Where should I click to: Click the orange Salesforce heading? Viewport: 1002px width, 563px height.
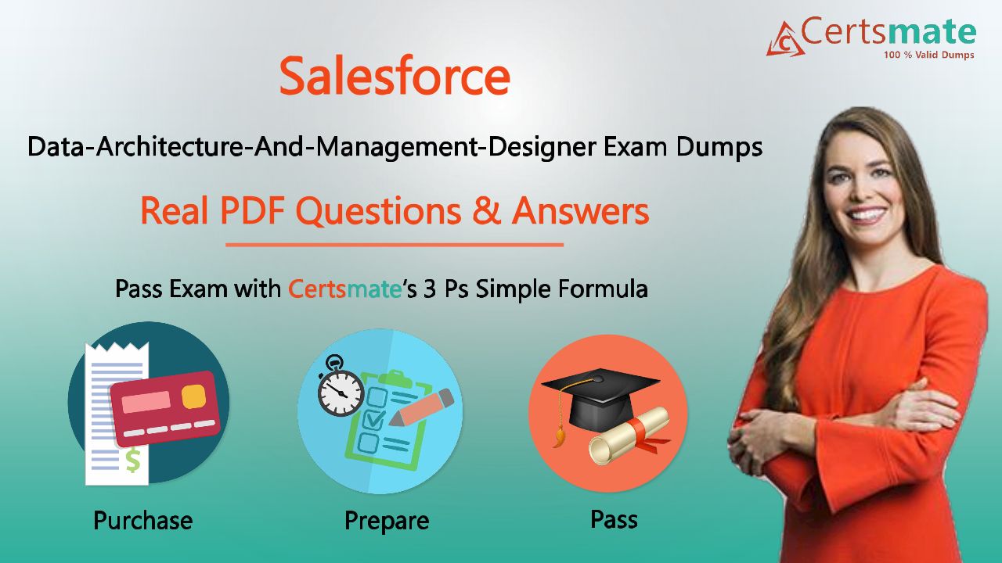click(x=395, y=76)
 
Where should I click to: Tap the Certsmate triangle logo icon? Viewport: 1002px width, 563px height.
click(x=785, y=39)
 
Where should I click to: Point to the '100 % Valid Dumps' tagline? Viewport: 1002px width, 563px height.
click(x=928, y=55)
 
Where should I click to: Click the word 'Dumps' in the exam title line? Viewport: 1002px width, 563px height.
click(x=719, y=147)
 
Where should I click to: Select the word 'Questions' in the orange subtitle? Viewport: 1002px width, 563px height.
click(x=378, y=211)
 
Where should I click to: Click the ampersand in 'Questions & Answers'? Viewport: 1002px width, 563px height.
click(x=487, y=210)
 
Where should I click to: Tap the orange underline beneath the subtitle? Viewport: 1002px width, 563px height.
click(x=394, y=245)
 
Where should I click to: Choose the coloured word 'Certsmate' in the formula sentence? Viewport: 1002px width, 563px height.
click(x=344, y=289)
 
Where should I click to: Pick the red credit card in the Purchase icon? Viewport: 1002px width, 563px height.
click(x=165, y=408)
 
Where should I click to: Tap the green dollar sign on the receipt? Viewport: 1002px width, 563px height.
click(x=133, y=461)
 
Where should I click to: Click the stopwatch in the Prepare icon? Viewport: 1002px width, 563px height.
click(x=341, y=387)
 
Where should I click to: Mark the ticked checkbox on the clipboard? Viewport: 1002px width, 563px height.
click(x=374, y=419)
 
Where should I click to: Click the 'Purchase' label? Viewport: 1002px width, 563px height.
click(x=143, y=521)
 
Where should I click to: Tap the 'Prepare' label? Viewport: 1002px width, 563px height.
click(x=387, y=521)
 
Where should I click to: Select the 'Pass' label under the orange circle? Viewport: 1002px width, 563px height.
click(x=615, y=519)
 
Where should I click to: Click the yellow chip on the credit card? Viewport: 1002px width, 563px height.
click(x=193, y=396)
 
